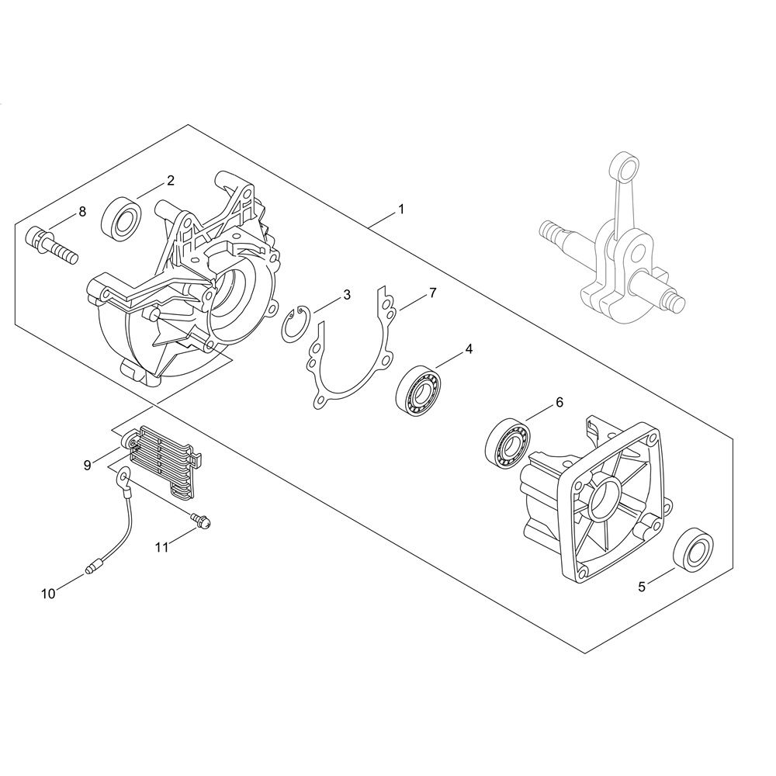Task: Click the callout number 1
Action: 401,210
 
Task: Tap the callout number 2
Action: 170,180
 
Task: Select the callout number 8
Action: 82,211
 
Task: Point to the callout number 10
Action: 48,594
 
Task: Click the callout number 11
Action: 162,547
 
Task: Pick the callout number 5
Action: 642,587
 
